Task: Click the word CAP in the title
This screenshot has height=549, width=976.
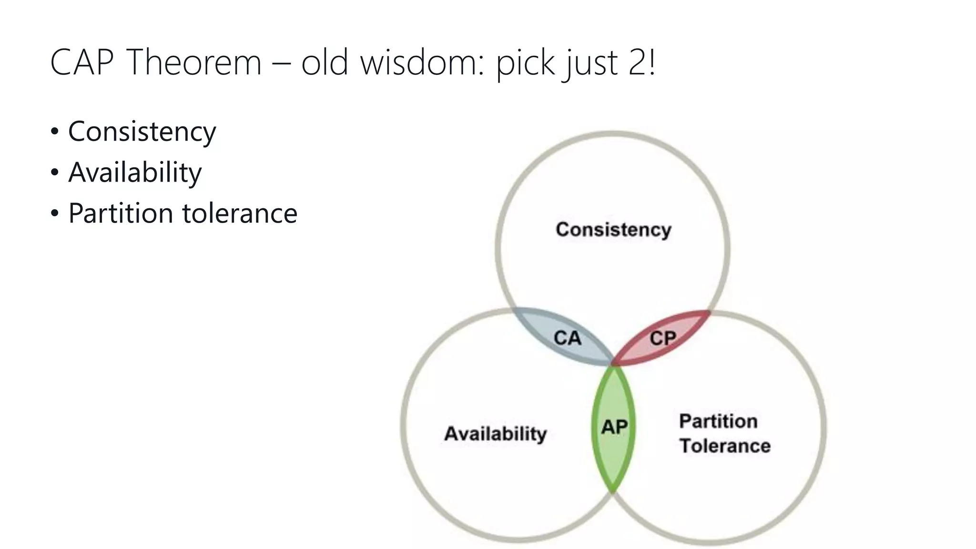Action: click(82, 62)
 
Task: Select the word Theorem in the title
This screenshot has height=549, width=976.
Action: click(194, 62)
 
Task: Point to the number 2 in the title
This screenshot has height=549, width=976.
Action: click(637, 62)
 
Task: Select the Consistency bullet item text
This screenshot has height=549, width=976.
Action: click(142, 132)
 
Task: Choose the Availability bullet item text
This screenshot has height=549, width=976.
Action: click(135, 173)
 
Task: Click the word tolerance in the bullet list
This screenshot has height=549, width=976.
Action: click(240, 213)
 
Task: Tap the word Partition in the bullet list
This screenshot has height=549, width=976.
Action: click(121, 213)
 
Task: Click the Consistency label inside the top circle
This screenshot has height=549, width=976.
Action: click(613, 230)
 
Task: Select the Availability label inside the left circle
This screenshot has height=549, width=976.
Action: click(495, 434)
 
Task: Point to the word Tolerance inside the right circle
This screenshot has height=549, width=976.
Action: click(725, 446)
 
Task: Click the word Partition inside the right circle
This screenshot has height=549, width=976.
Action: click(718, 421)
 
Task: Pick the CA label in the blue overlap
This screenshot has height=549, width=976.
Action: click(567, 338)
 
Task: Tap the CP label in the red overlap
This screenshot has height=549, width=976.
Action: click(662, 338)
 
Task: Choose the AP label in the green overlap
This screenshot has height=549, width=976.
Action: click(614, 427)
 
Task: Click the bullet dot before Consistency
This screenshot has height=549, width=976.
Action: click(55, 132)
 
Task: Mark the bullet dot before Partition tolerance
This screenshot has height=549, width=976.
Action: click(55, 213)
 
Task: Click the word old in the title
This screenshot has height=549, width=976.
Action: click(324, 62)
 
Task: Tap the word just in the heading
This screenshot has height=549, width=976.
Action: click(590, 62)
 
